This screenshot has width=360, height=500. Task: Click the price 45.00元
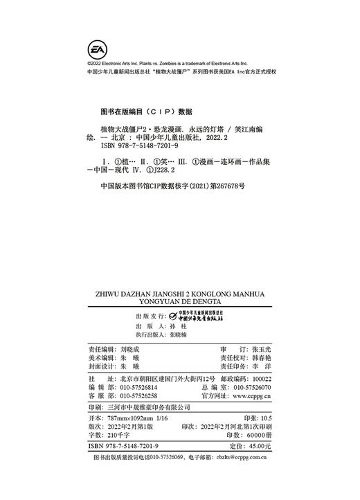tap(256, 447)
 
